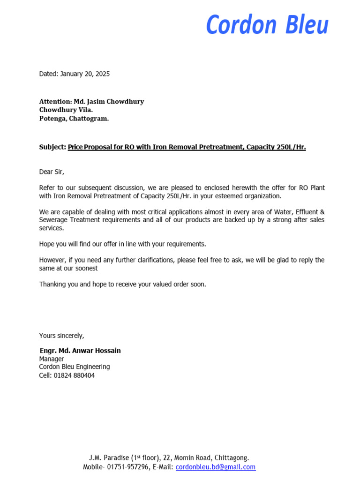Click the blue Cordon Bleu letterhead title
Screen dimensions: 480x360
coord(267,25)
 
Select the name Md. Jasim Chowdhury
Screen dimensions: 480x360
coord(108,102)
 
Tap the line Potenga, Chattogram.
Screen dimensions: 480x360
coord(74,119)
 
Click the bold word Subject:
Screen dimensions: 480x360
coord(52,147)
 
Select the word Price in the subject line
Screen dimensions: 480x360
coord(76,147)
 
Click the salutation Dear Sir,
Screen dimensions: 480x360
coord(55,172)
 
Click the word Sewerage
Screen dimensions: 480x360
coord(54,220)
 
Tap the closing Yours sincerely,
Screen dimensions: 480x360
coord(61,336)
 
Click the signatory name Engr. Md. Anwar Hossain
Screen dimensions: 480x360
coord(80,351)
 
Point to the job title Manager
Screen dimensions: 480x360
coord(52,359)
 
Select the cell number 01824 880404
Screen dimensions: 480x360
coord(74,375)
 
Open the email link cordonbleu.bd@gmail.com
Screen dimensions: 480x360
coord(216,467)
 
